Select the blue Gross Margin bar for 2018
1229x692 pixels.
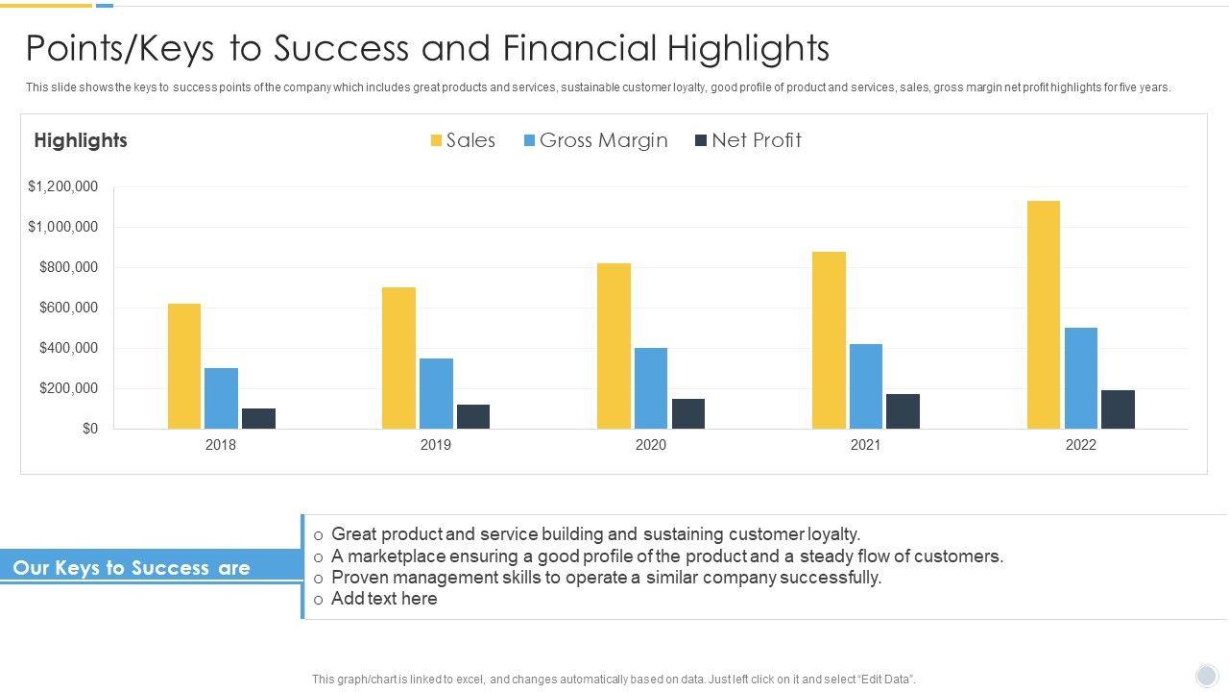(221, 398)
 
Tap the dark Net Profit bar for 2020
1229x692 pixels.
(688, 413)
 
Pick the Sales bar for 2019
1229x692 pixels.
(398, 358)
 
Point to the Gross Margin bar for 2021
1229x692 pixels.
(866, 386)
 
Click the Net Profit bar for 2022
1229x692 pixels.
(1118, 409)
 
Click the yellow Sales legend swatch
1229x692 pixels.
(436, 140)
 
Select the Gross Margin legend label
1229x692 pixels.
(603, 140)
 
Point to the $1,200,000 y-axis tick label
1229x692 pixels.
(62, 186)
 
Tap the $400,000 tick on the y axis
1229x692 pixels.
(68, 348)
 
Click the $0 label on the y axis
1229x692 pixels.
(90, 429)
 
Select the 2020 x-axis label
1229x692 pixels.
(650, 445)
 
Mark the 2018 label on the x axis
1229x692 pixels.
(220, 445)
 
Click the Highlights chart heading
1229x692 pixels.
(81, 140)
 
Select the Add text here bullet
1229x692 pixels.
(384, 599)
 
